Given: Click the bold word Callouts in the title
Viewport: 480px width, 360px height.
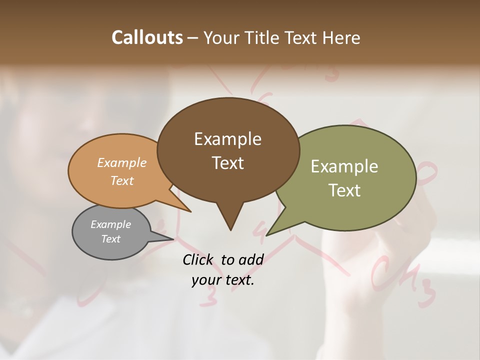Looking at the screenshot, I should coord(147,37).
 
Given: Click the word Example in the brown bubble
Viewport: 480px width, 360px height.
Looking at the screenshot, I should coord(228,139).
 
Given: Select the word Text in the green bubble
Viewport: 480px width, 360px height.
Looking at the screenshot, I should coord(344,190).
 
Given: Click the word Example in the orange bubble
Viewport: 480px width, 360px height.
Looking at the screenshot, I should coord(122,163).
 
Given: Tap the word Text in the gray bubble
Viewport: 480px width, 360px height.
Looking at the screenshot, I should coord(111,239).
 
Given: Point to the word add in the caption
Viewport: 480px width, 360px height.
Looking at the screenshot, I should coord(251,259).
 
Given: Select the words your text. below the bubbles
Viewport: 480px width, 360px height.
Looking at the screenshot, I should coord(223,280).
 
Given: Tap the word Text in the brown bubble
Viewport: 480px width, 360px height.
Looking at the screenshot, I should coord(228,163).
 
